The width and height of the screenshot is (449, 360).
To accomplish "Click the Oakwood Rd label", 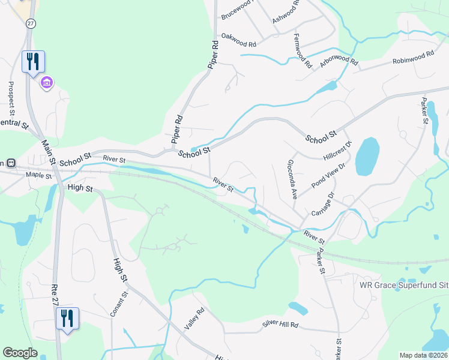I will click(x=239, y=40).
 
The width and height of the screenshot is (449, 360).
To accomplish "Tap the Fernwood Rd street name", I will click(x=303, y=50).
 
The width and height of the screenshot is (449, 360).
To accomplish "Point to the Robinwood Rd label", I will click(x=413, y=58).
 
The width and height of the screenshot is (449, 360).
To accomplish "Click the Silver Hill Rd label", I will click(x=280, y=325).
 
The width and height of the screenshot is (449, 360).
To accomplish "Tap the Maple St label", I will click(x=40, y=175).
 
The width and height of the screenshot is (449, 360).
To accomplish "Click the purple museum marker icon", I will click(x=47, y=83).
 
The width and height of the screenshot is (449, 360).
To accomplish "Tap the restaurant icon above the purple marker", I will click(x=33, y=61).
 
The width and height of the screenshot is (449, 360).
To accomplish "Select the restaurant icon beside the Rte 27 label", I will click(x=67, y=318).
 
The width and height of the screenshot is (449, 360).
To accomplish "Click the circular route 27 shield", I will click(x=30, y=22).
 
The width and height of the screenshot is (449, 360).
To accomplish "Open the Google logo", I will click(x=20, y=352).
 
